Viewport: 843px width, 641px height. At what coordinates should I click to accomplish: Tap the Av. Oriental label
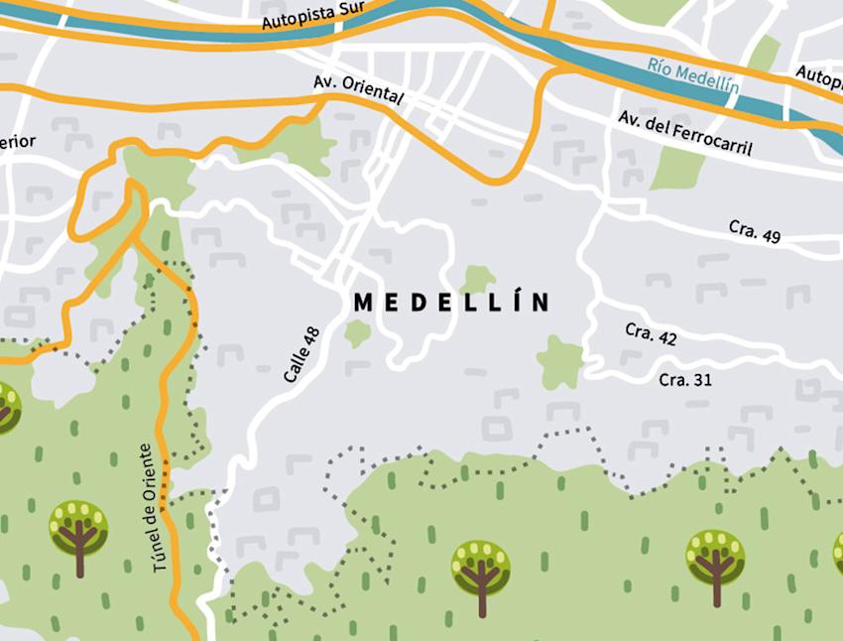pos(358,89)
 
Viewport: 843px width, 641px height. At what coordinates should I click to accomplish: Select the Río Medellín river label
pos(694,75)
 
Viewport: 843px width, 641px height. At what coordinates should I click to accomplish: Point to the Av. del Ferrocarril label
pos(684,134)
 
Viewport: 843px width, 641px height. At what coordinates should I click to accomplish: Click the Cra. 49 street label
pos(755,230)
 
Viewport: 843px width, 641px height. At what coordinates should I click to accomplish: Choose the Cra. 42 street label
pos(651,334)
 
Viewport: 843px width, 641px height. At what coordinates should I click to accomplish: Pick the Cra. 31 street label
pos(685,379)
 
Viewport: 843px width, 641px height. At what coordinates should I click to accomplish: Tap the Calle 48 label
pos(301,354)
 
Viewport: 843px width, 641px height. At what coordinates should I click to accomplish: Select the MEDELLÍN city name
pos(451,302)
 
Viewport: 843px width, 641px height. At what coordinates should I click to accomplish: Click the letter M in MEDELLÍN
pos(362,303)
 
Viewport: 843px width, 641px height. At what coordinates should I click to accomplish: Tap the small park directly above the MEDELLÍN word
pos(478,279)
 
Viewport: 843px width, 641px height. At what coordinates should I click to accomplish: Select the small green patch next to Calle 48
pos(357,332)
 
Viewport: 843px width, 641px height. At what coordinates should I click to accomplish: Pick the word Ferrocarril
pos(712,140)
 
